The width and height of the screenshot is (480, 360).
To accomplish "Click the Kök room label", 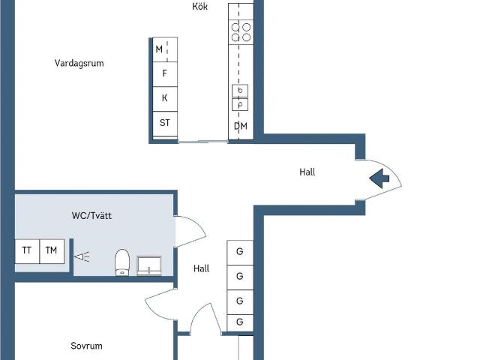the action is [x=200, y=6].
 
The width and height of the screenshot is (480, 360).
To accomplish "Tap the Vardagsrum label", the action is [x=79, y=63].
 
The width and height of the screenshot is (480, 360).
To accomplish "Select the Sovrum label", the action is [x=86, y=346].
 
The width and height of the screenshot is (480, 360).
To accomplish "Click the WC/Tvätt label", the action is [x=91, y=215].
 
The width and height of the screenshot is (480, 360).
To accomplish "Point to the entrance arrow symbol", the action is [x=379, y=178].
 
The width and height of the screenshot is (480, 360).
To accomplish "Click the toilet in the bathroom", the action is [x=122, y=262].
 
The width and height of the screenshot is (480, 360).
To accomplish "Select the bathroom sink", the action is [x=149, y=265].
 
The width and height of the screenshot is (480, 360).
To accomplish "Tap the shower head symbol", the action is [x=82, y=256].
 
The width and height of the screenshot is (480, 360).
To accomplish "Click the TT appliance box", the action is [x=27, y=251].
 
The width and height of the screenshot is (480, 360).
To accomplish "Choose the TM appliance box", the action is [x=52, y=251].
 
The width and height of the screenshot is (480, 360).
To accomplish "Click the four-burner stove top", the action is [x=241, y=32].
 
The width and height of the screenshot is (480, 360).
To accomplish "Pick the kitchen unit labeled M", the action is [x=165, y=49].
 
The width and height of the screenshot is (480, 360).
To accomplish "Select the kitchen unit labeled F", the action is [x=165, y=74].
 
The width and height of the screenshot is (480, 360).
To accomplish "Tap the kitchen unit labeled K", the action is [x=165, y=99].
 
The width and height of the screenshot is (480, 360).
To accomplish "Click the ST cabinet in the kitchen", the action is [x=165, y=124].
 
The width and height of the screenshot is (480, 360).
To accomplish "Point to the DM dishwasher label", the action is [x=241, y=126].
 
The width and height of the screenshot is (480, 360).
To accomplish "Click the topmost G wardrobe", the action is [x=240, y=253].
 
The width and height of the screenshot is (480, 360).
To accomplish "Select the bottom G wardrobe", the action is [x=240, y=323].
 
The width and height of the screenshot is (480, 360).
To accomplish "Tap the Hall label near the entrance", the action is [x=307, y=172].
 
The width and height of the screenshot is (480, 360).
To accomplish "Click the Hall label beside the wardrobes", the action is [x=202, y=268].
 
